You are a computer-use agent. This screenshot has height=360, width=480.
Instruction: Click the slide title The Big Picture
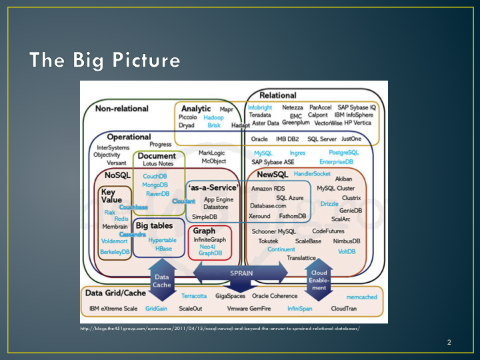click(x=104, y=60)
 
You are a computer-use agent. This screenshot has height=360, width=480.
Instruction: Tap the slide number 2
click(x=449, y=343)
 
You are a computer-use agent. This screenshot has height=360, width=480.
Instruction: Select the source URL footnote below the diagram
click(x=219, y=329)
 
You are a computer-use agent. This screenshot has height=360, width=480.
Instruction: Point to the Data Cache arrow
click(x=162, y=281)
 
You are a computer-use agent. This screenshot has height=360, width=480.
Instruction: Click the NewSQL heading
click(x=272, y=175)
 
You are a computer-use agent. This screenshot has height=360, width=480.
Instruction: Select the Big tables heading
click(x=154, y=226)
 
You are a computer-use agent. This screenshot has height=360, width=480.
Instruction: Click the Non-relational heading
click(x=122, y=108)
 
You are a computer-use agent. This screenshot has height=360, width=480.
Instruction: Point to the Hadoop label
click(x=213, y=117)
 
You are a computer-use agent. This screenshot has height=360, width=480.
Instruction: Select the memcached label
click(x=361, y=297)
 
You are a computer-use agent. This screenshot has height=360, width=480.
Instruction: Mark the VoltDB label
click(x=347, y=251)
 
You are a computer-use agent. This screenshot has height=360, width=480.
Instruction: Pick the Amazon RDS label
click(x=268, y=189)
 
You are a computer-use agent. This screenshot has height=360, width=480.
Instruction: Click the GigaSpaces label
click(x=229, y=296)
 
